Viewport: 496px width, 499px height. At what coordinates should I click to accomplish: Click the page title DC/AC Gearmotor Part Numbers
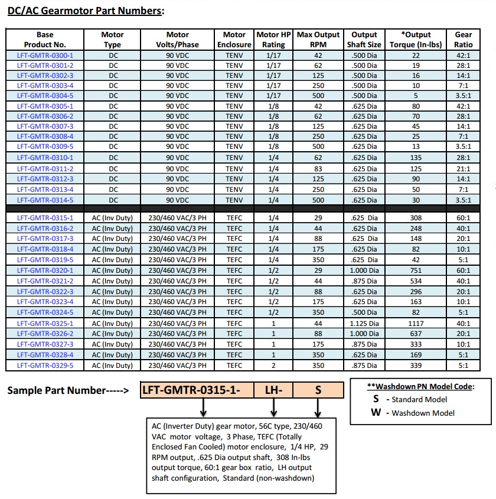[86, 11]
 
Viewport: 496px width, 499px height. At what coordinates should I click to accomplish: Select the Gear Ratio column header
[463, 40]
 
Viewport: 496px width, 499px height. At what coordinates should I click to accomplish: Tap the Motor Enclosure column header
[234, 40]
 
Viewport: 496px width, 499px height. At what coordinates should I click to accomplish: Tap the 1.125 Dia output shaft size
[364, 323]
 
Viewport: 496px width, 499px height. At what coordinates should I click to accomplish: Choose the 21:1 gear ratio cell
[463, 168]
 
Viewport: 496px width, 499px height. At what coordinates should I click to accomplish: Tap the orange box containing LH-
[273, 390]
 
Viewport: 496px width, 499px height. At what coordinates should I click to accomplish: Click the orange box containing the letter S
[318, 390]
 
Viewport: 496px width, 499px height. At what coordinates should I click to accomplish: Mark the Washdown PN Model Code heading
[420, 387]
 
